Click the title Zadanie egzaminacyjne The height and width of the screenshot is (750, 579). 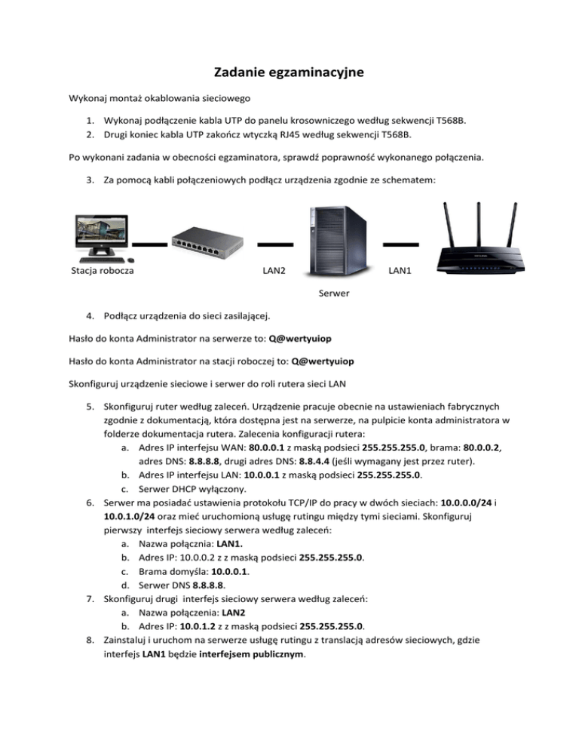coord(289,72)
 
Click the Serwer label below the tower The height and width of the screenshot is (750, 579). coord(333,293)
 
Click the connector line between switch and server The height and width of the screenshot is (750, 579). coord(275,244)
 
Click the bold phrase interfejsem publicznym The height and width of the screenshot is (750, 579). coord(246,656)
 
